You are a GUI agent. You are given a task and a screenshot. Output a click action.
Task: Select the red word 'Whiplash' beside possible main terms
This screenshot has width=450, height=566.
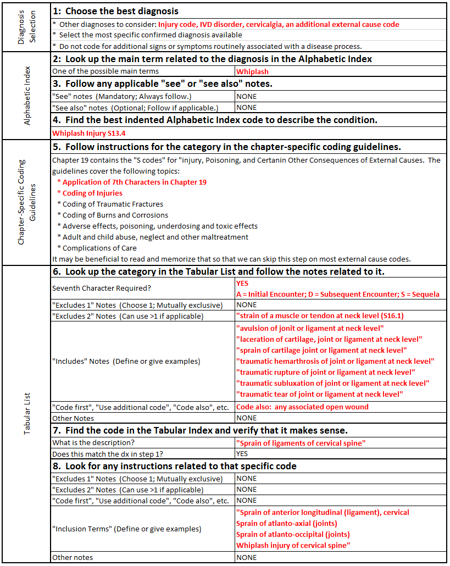pyautogui.click(x=252, y=71)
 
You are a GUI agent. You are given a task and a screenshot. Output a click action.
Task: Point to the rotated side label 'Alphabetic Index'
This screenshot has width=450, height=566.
pyautogui.click(x=26, y=96)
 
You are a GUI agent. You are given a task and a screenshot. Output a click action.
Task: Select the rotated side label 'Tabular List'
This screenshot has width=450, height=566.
pyautogui.click(x=26, y=414)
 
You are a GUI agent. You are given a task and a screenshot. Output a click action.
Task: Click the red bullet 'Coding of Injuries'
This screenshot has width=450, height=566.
pyautogui.click(x=92, y=193)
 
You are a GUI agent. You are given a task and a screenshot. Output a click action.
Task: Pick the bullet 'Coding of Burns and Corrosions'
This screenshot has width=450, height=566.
pyautogui.click(x=115, y=215)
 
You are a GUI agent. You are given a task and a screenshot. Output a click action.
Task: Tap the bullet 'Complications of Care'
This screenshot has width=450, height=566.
pyautogui.click(x=99, y=248)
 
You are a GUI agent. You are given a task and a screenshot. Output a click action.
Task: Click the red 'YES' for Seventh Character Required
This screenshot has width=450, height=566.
pyautogui.click(x=243, y=284)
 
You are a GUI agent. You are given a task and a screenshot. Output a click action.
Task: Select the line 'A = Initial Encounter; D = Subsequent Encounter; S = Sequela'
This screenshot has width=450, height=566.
pyautogui.click(x=337, y=294)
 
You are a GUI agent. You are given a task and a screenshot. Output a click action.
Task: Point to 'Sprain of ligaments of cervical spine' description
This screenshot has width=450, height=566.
pyautogui.click(x=301, y=443)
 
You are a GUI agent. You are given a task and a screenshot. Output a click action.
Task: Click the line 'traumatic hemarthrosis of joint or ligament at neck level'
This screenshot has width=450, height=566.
pyautogui.click(x=335, y=361)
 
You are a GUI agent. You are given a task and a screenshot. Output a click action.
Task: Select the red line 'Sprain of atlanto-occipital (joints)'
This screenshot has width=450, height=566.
pyautogui.click(x=293, y=534)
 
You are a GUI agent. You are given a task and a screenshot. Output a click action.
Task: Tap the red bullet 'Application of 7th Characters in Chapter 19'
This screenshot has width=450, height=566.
pyautogui.click(x=135, y=182)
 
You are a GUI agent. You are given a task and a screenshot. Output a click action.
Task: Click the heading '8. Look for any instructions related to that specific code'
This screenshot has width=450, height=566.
pyautogui.click(x=175, y=466)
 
